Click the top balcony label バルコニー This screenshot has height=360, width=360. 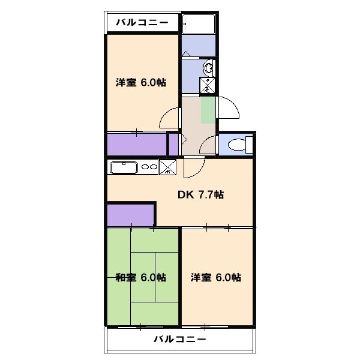click(143, 23)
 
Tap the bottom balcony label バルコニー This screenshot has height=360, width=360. click(180, 339)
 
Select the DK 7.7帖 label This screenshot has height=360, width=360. click(200, 194)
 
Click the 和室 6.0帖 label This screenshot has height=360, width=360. click(141, 277)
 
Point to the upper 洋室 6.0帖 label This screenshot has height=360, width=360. click(141, 83)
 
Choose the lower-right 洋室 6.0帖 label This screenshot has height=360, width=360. click(216, 277)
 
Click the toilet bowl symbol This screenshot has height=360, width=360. click(239, 145)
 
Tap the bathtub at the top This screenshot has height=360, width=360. click(199, 25)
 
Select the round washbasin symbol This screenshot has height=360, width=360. click(208, 67)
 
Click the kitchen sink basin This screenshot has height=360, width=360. click(124, 167)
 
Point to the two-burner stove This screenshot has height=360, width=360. click(149, 167)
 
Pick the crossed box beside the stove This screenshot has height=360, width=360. click(169, 167)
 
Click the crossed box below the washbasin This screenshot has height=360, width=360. click(208, 86)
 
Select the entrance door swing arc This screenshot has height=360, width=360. click(230, 109)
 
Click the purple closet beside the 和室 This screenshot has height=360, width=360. click(130, 215)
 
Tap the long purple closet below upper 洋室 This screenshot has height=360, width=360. click(136, 145)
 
